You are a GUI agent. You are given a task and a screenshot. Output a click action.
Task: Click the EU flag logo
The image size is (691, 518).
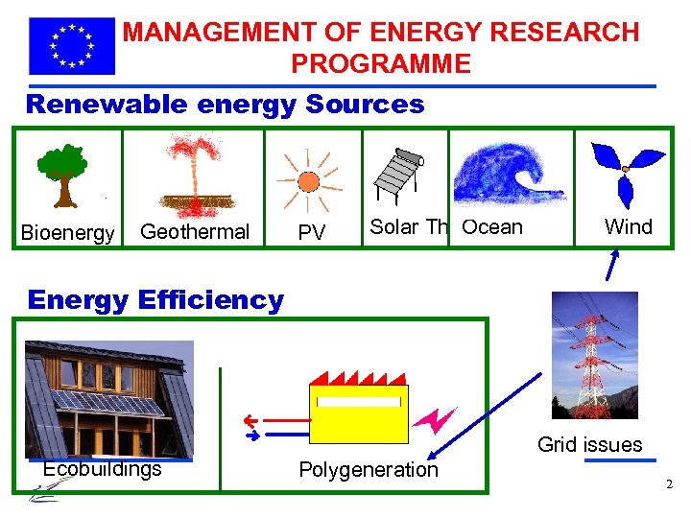[x=72, y=45]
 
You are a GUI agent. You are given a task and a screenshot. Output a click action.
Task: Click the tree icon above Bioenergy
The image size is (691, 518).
[x=63, y=175]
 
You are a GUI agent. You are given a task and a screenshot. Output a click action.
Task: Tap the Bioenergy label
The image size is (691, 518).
[x=68, y=232]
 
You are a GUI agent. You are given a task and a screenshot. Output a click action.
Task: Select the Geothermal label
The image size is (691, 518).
[x=195, y=231]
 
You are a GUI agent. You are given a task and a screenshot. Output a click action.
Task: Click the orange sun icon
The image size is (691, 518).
[x=307, y=180]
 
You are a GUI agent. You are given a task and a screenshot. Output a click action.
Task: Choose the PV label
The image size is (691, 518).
[x=311, y=232]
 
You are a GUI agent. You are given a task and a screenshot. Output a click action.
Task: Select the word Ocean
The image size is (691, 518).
[x=492, y=227]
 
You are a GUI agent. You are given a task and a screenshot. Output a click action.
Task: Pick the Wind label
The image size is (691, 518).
[x=629, y=226]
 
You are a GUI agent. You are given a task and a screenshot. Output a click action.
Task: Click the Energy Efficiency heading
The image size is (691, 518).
[x=155, y=299]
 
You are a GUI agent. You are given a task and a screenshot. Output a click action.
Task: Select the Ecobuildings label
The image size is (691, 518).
[x=103, y=469]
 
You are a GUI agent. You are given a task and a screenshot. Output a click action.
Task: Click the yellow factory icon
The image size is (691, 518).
[x=358, y=407]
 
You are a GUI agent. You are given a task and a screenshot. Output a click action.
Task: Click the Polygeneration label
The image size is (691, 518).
[x=369, y=470]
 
